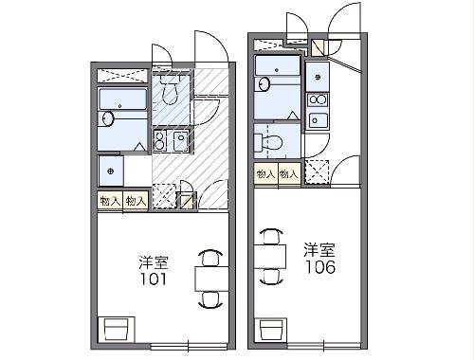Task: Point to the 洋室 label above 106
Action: click(319, 250)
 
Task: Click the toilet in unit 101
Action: click(171, 92)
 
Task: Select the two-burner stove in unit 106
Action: click(316, 99)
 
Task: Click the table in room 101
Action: click(210, 277)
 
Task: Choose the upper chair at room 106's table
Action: click(272, 235)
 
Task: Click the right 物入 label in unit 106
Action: click(289, 173)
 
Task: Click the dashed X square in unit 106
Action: click(318, 172)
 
